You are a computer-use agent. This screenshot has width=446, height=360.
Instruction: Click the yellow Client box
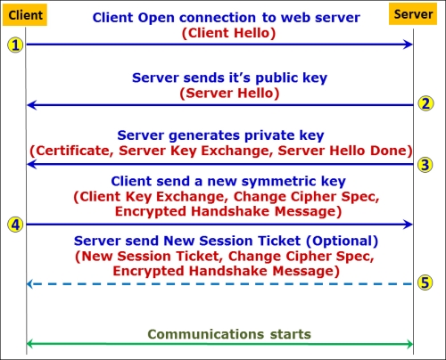click(x=25, y=15)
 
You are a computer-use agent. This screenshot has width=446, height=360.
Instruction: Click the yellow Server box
click(x=413, y=14)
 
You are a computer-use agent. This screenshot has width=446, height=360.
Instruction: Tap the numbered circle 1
click(x=15, y=45)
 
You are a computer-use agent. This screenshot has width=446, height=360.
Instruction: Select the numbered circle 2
click(x=425, y=103)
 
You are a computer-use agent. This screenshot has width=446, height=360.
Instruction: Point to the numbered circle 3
click(x=425, y=165)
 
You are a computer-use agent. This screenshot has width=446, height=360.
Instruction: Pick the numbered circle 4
click(x=15, y=225)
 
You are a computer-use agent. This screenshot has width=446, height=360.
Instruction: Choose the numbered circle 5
click(x=425, y=282)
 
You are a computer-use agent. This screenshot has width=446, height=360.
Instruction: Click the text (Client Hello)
click(x=228, y=33)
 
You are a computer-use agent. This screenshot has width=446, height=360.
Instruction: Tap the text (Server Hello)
click(x=229, y=93)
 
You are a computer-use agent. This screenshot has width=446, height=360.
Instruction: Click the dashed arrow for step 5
click(x=219, y=284)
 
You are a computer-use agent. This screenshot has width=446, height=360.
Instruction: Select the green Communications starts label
click(x=229, y=334)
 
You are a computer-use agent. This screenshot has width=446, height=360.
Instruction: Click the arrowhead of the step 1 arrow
click(x=408, y=45)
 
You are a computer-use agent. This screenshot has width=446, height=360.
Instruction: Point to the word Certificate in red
click(x=74, y=151)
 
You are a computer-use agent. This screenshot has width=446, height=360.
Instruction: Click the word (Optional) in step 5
click(x=343, y=241)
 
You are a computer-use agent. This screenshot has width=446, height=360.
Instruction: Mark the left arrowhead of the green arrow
click(x=30, y=344)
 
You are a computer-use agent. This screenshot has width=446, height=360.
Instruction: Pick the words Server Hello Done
click(x=343, y=151)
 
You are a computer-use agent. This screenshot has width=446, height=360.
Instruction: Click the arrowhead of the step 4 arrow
click(x=408, y=225)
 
